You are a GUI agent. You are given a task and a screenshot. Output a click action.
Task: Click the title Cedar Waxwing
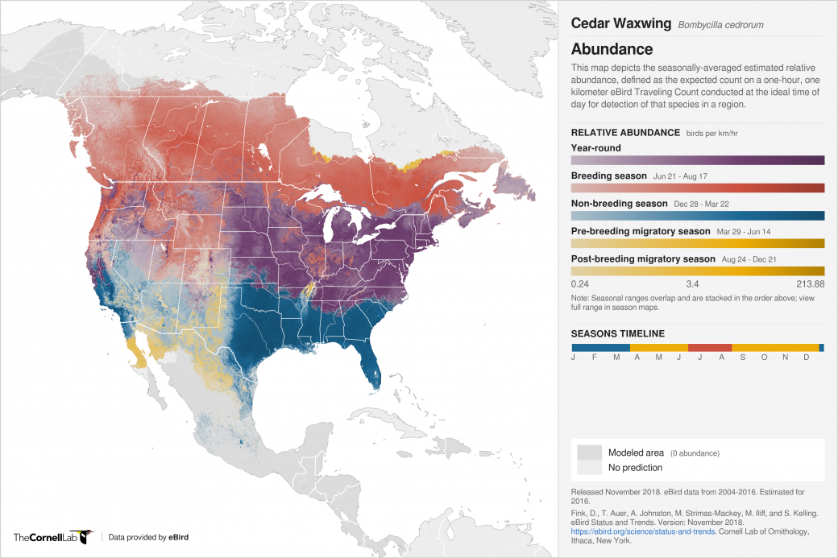pos(620,23)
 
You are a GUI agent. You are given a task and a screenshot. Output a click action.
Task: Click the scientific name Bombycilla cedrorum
pos(720,25)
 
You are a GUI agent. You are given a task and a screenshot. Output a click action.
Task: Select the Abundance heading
pos(612,49)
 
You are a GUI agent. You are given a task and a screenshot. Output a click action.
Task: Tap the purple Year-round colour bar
pos(697,160)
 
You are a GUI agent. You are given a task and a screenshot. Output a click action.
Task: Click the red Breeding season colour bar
pos(697,188)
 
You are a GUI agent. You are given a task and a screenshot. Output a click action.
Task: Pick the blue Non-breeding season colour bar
pos(697,216)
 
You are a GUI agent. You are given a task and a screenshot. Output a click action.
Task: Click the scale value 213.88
pos(809,284)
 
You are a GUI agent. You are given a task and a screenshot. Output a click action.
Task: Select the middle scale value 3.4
pos(693,284)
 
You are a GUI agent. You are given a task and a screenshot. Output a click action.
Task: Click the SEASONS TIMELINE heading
pos(617,333)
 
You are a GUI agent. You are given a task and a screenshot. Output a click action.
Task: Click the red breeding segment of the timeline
pos(709,347)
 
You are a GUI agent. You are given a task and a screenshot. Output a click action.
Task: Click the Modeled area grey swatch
pos(589,453)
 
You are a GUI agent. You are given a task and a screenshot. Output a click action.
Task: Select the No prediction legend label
pos(635,467)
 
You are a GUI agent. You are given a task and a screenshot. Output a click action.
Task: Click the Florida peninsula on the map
pos(372,362)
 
